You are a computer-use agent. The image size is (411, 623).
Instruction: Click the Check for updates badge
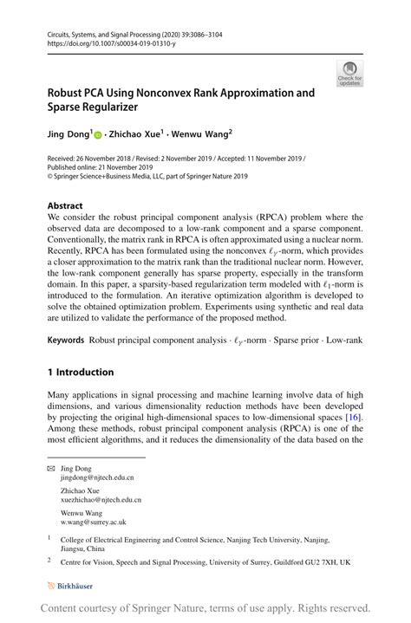pyautogui.click(x=349, y=73)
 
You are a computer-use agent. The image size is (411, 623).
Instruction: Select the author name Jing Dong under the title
pyautogui.click(x=67, y=133)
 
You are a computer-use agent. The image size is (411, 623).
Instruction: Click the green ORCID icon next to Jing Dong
pyautogui.click(x=98, y=134)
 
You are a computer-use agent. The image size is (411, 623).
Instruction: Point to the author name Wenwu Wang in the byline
pyautogui.click(x=205, y=133)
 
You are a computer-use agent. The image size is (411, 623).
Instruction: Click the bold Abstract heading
pyautogui.click(x=66, y=206)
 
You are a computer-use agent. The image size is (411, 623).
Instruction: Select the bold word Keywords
pyautogui.click(x=66, y=341)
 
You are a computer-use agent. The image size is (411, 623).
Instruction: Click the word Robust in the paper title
pyautogui.click(x=68, y=93)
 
